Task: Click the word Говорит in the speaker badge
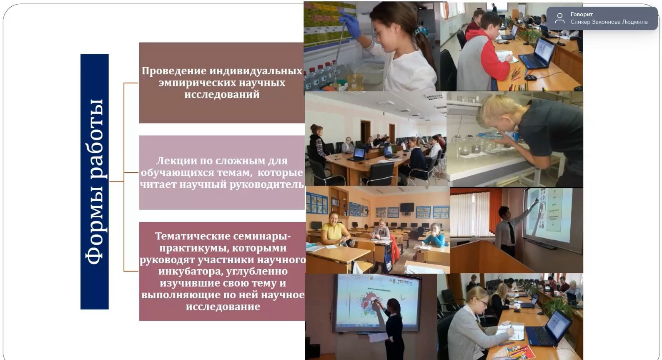tap(581, 15)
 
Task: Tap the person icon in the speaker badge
tap(559, 18)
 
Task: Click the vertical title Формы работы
tap(95, 181)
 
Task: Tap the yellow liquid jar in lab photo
tap(356, 81)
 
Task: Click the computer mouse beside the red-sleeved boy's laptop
tap(530, 78)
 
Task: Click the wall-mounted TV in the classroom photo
tap(407, 207)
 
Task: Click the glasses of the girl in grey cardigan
tap(483, 302)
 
